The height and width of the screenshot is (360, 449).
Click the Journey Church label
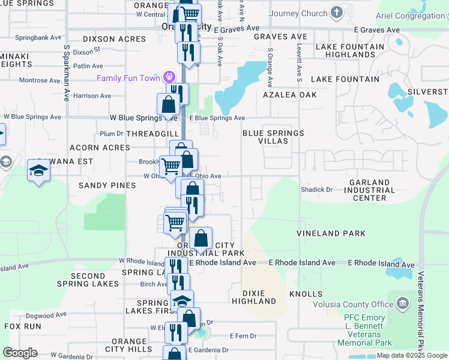298,13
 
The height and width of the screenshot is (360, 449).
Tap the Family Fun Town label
128,78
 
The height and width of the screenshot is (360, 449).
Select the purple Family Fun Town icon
169,77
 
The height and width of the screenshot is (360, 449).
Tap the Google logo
20,353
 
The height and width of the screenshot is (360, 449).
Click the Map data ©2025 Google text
412,355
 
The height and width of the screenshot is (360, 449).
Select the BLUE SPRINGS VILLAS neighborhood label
273,137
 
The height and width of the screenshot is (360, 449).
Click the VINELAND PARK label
331,233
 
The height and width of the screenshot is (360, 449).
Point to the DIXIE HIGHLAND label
254,297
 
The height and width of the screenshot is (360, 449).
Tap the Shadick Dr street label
316,190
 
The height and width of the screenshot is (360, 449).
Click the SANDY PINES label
107,185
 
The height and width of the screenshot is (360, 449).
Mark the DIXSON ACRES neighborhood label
114,39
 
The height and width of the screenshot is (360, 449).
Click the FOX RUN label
23,326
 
